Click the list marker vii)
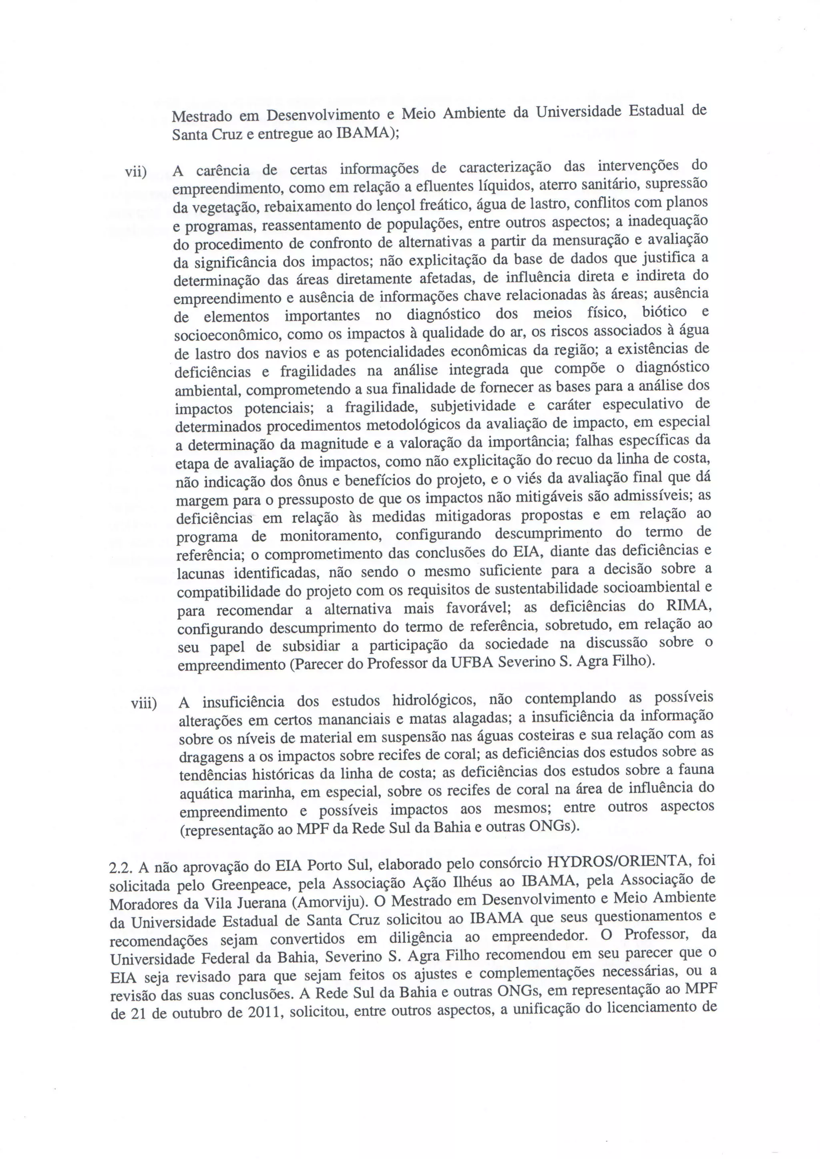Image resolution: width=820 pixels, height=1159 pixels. point(136,172)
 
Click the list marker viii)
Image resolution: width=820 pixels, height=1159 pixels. point(144,703)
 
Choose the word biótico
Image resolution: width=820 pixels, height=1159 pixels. point(665,312)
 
